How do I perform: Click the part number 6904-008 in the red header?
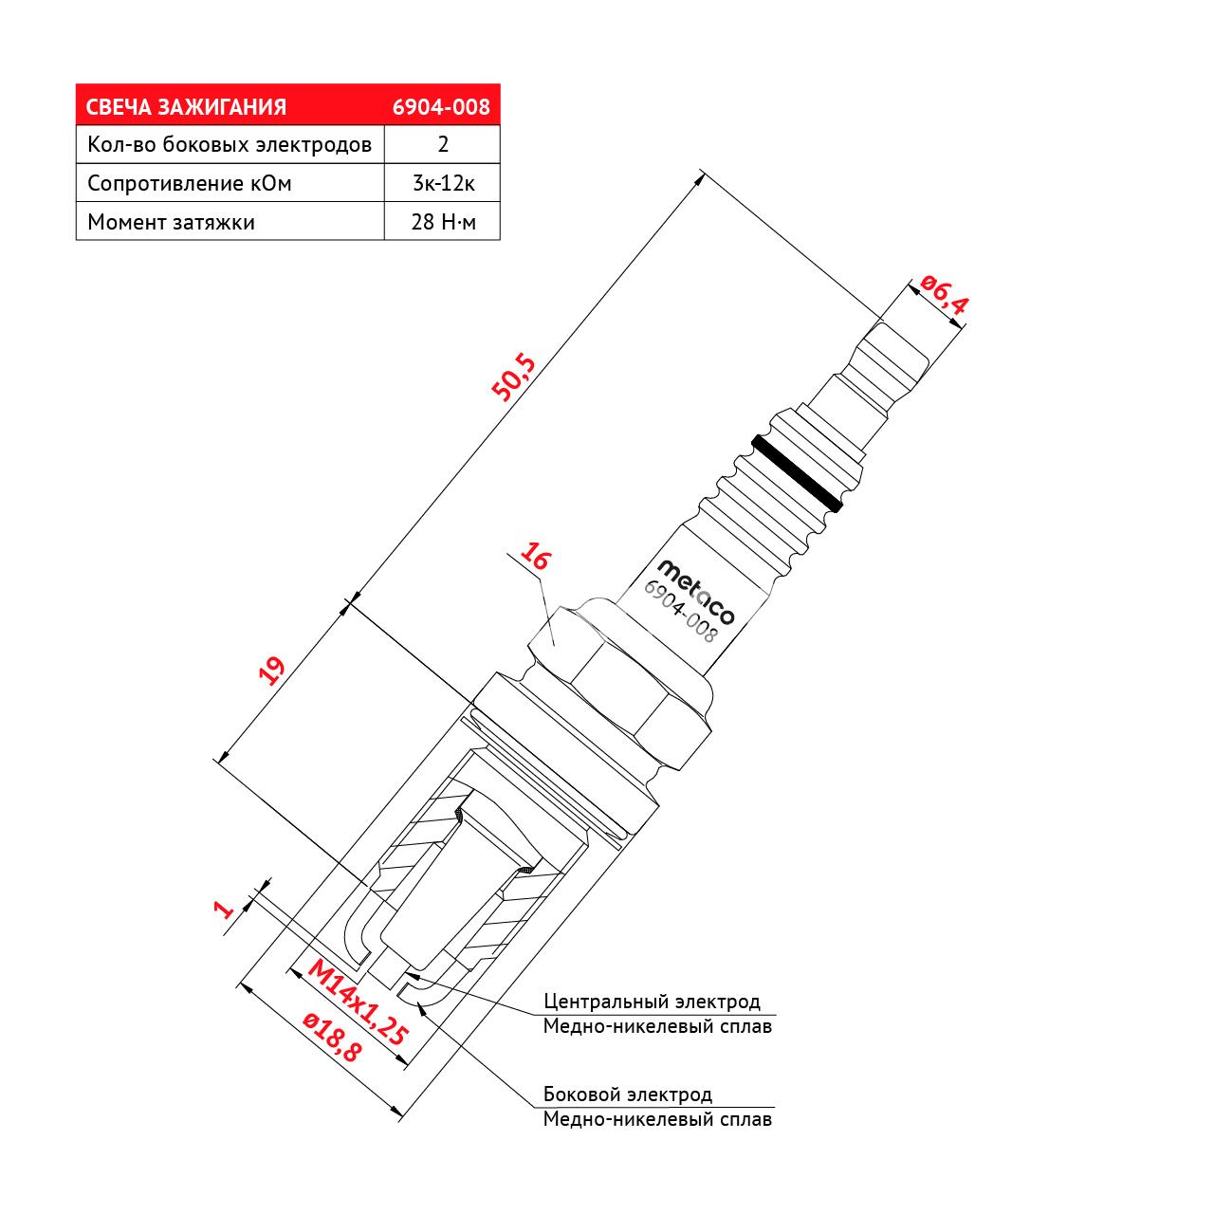point(441,107)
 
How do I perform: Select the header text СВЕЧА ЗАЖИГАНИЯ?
point(186,107)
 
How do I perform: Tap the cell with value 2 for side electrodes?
point(443,144)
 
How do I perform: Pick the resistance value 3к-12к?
point(444,183)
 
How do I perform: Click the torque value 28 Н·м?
point(444,222)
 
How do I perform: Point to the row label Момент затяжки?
point(172,222)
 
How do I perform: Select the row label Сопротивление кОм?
point(190,183)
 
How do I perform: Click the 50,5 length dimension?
point(513,378)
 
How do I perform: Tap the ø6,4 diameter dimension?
point(943,294)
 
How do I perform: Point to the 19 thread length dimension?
point(272,671)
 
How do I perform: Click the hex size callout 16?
point(535,557)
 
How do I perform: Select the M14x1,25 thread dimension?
point(358,1003)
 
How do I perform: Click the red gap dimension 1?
point(223,910)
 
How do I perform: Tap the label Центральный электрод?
point(652,1001)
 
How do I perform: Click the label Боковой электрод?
point(628,1094)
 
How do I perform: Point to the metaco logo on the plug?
point(695,592)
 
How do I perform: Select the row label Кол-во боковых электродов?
point(230,145)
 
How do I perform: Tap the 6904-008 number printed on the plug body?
point(680,611)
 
